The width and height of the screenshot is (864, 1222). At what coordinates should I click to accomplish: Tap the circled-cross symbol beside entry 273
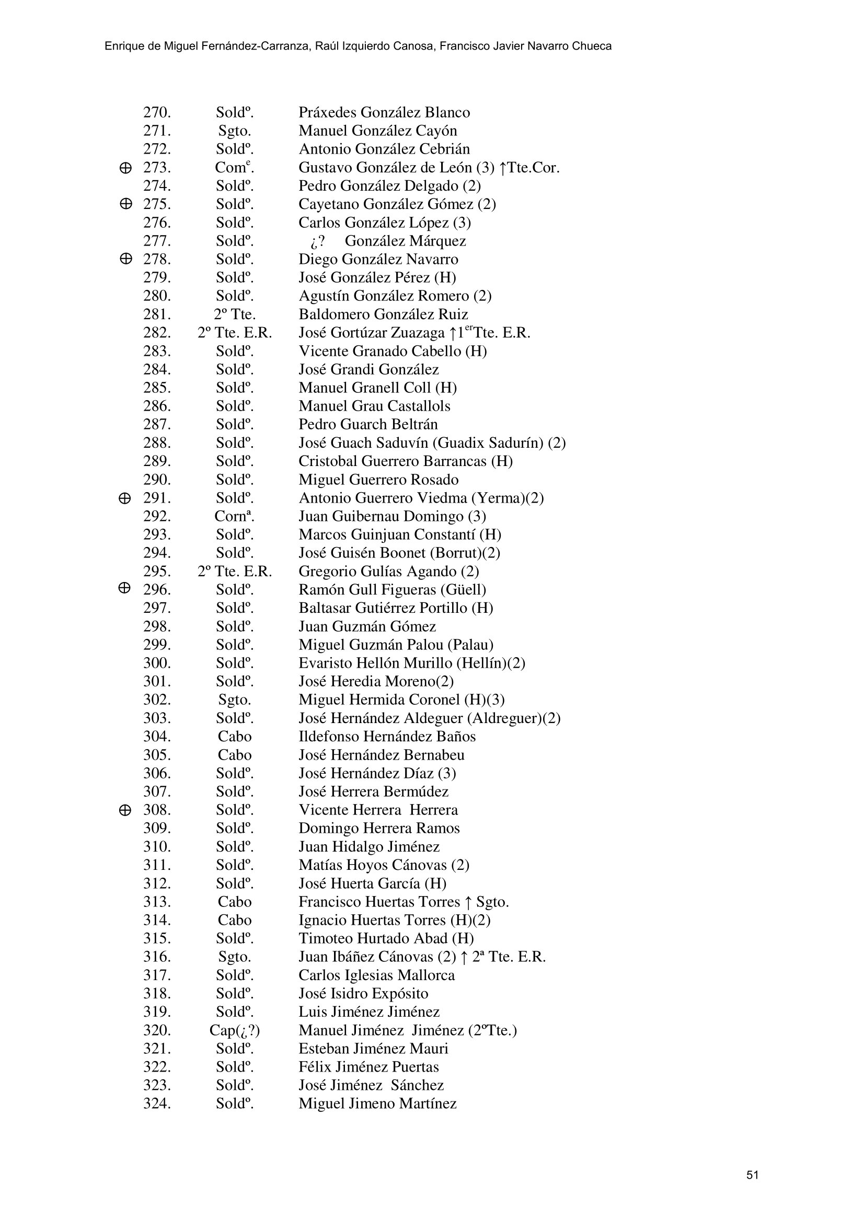tap(125, 168)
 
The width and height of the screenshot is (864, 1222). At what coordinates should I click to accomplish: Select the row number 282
tap(157, 333)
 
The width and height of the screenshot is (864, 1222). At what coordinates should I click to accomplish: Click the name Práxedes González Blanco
tap(384, 113)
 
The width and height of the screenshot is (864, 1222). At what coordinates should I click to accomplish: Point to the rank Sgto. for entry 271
tap(234, 131)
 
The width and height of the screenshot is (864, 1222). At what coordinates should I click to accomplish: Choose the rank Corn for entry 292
tap(234, 516)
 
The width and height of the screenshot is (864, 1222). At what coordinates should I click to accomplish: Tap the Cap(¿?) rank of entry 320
tap(234, 1030)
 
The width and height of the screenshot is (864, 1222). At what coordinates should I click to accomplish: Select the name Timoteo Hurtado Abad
tap(386, 938)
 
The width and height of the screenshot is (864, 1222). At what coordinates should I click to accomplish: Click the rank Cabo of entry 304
tap(234, 737)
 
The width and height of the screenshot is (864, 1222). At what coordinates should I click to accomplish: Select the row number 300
tap(157, 663)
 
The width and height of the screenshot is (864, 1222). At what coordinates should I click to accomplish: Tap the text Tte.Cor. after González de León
tap(534, 168)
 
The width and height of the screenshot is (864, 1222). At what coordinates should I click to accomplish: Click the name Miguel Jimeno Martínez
tap(377, 1104)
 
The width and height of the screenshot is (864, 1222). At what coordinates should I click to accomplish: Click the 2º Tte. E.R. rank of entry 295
tap(234, 572)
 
